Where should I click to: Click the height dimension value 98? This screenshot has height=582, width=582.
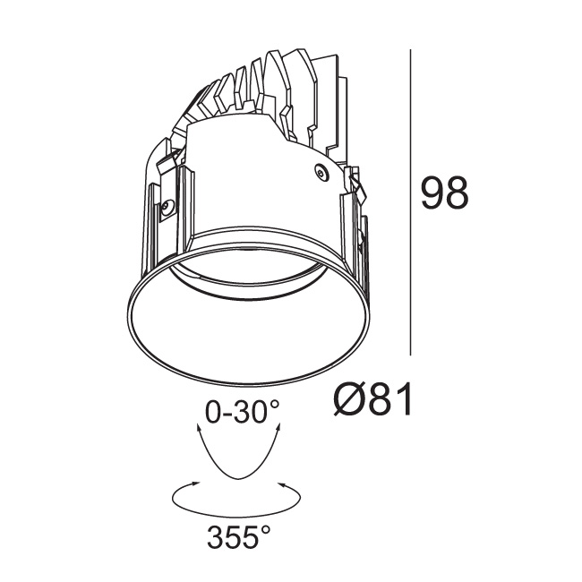click(x=445, y=193)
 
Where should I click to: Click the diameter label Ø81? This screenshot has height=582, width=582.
click(x=372, y=398)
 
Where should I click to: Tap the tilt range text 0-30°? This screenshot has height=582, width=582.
click(x=242, y=412)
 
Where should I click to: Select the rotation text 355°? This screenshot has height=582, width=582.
click(x=239, y=536)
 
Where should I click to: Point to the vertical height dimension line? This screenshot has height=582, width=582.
click(x=410, y=202)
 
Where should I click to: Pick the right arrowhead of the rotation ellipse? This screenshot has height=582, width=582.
click(x=282, y=484)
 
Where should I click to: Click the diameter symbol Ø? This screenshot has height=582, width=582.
click(x=349, y=398)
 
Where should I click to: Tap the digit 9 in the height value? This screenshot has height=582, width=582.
click(x=432, y=193)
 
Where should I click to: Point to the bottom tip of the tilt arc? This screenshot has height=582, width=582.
click(x=238, y=479)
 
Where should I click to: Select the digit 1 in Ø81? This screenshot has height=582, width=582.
click(x=405, y=398)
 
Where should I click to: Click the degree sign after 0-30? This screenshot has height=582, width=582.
click(x=274, y=404)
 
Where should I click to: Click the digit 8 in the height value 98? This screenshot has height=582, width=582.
click(x=457, y=193)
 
